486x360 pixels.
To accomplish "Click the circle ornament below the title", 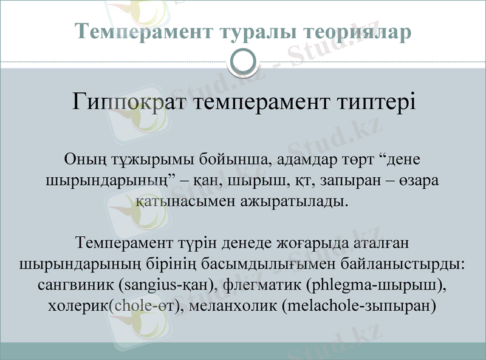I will point(244,61).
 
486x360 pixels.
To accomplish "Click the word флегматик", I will point(262,284).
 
